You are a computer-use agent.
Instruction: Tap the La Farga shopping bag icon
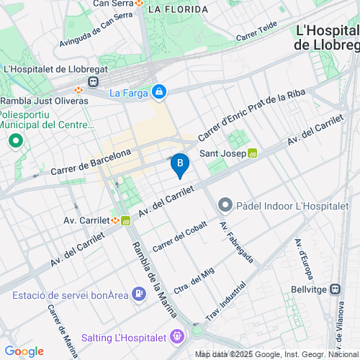[159, 92]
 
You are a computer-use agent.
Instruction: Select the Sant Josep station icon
[253, 153]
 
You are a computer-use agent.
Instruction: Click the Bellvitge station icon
[335, 288]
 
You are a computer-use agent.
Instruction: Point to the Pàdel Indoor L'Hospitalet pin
[225, 206]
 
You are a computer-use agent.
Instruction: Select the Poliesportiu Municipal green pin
[13, 140]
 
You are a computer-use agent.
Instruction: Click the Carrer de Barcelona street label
[91, 162]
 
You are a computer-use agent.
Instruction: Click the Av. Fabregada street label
[236, 243]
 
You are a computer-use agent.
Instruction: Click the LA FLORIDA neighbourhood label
[177, 9]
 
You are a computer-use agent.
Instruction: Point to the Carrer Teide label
[256, 31]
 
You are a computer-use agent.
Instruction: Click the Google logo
[24, 351]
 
